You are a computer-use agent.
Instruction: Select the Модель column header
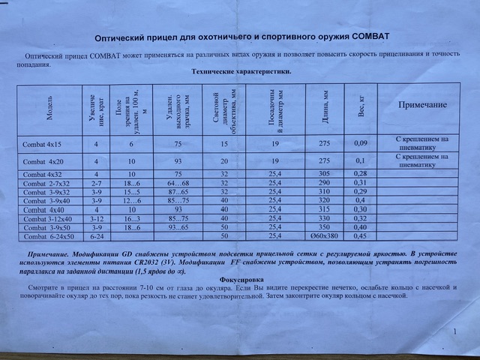coord(49,109)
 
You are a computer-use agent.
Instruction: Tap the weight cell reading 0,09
coord(360,142)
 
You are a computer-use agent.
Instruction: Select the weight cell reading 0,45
coord(360,236)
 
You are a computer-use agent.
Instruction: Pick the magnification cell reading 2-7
coord(96,183)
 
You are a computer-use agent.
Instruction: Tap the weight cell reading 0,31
coord(360,183)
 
